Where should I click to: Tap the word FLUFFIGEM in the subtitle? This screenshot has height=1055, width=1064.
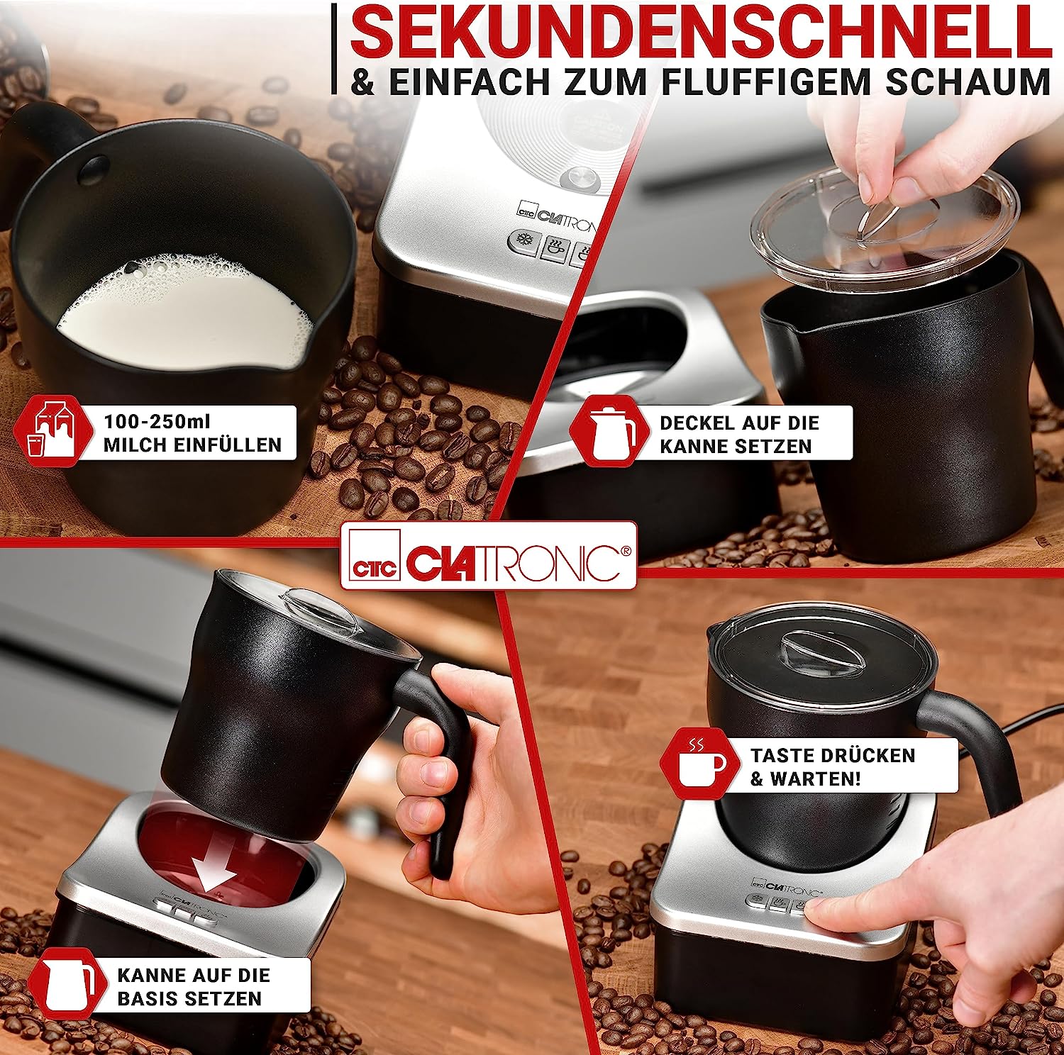click(766, 81)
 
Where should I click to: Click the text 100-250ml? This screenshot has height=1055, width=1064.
click(157, 421)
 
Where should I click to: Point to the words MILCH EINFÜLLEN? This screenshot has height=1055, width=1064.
click(192, 445)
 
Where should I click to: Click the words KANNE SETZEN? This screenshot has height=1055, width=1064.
click(736, 447)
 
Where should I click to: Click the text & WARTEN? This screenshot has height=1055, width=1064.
click(805, 779)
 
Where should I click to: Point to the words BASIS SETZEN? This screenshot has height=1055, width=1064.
click(189, 999)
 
